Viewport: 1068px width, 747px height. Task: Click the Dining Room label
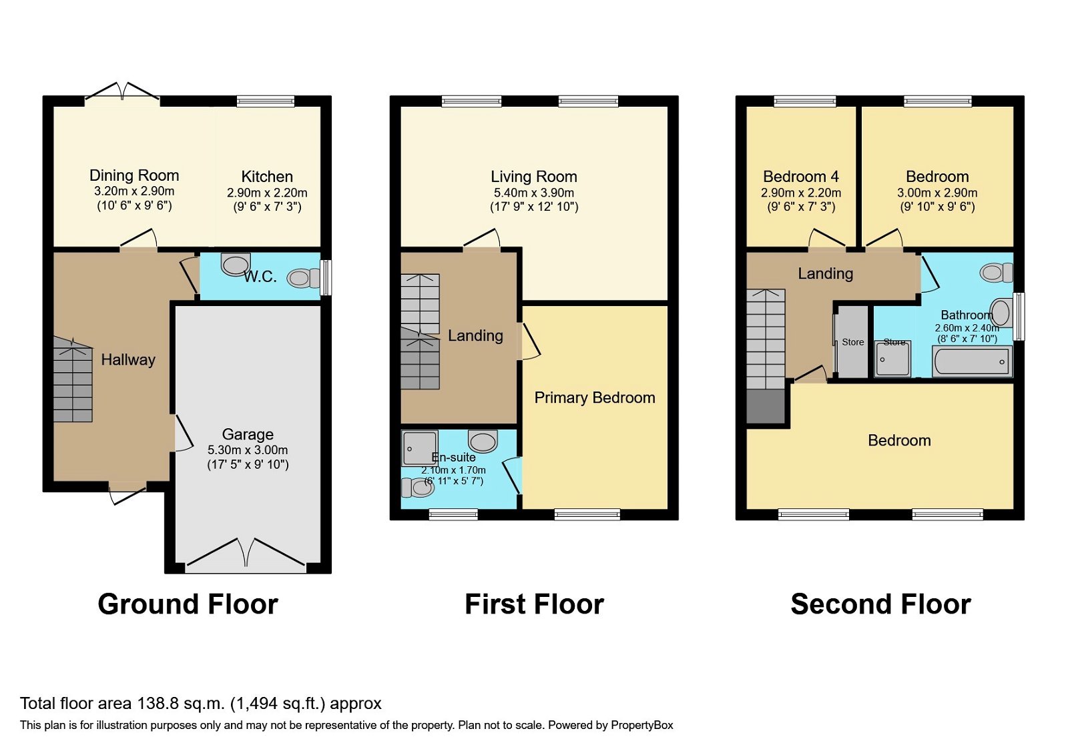click(134, 175)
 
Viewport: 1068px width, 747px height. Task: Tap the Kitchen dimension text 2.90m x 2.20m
click(267, 193)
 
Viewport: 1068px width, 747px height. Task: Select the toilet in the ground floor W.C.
click(304, 277)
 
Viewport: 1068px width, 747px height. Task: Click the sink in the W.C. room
click(236, 264)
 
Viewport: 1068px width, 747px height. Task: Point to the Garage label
click(248, 434)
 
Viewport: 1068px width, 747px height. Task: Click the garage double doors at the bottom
click(246, 555)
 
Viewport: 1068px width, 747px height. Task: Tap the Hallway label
click(128, 360)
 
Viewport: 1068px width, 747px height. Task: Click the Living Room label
click(533, 177)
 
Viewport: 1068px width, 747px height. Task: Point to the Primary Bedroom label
click(594, 398)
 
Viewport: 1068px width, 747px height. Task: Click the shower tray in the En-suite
click(420, 448)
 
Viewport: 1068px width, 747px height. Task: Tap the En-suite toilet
click(417, 488)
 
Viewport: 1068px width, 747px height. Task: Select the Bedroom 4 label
click(800, 177)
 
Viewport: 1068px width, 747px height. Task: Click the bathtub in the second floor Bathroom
click(972, 362)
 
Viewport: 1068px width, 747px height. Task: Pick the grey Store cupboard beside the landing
click(852, 342)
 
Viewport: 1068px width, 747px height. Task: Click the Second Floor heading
click(880, 604)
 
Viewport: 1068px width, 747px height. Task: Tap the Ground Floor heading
click(188, 604)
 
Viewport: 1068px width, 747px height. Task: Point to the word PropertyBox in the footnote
click(641, 725)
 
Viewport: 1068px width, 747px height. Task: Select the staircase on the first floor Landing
click(420, 331)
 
